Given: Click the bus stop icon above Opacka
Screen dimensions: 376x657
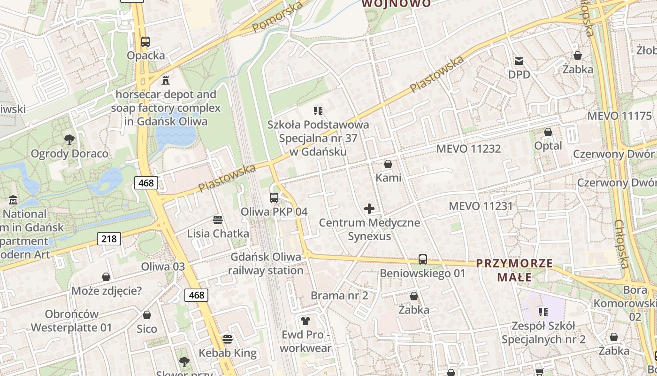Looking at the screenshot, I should click(145, 41).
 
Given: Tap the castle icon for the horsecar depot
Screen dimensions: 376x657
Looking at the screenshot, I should click(165, 80).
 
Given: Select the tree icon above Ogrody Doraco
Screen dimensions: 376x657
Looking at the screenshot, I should click(69, 140).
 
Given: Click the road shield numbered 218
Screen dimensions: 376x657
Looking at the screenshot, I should click(109, 239).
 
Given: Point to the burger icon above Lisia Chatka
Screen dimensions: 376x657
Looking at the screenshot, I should click(217, 219).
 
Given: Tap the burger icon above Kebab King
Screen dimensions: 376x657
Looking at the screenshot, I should click(228, 339).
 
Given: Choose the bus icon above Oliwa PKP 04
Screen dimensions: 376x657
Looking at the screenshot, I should click(274, 198).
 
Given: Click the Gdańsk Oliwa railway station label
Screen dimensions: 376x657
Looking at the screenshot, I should click(266, 264).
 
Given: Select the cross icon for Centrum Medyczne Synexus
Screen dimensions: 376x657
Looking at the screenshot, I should click(369, 209).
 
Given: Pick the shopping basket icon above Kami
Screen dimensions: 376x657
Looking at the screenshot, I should click(388, 164).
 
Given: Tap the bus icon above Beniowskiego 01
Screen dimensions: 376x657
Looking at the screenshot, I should click(422, 259).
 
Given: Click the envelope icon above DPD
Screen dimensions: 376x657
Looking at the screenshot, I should click(519, 61).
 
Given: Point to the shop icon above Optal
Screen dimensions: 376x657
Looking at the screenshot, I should click(548, 132).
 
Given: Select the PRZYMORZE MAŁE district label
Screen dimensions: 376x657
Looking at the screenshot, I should click(515, 270).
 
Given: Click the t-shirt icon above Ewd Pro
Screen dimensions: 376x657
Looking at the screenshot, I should click(306, 321).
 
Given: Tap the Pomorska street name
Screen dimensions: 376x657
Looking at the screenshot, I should click(277, 17).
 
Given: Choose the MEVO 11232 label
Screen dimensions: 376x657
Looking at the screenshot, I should click(468, 149).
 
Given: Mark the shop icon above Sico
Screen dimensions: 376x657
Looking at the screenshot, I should click(147, 315).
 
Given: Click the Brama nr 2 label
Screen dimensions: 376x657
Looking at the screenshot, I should click(339, 296).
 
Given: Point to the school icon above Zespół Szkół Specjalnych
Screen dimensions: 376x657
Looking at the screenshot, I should click(543, 312).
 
